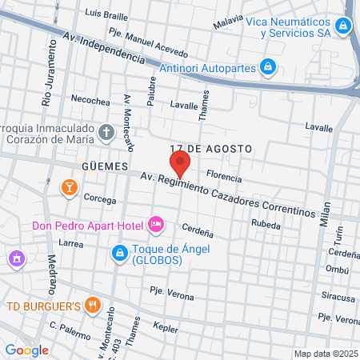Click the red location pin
coord(180,166)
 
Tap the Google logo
coord(26,350)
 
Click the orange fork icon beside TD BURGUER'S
coord(94,304)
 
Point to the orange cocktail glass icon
coord(69,187)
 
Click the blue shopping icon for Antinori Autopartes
coord(270,66)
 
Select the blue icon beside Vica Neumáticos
coord(342,26)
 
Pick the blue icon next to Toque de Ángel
coord(118,253)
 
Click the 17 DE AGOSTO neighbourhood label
coord(210,149)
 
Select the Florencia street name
coord(224,174)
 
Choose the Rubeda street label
coord(266,225)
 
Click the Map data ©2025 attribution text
coord(326,354)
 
